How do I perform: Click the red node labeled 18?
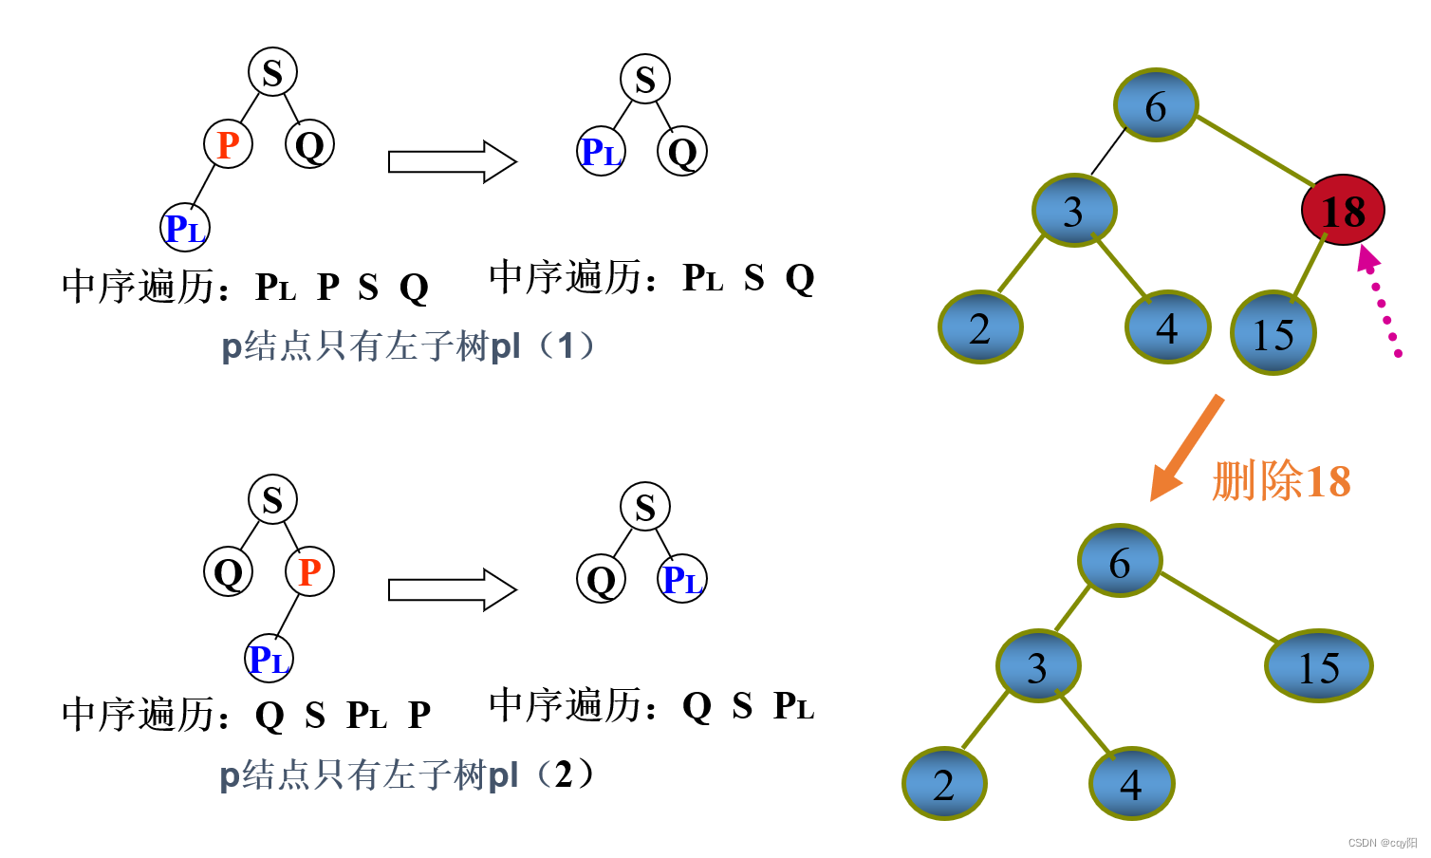[1342, 211]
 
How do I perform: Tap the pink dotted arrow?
[1381, 302]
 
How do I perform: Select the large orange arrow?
[1186, 447]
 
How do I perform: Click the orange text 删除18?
[1281, 481]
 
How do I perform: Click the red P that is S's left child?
[228, 145]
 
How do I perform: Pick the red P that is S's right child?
[310, 572]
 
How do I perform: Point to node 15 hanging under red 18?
[1273, 333]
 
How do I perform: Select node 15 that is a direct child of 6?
[1318, 666]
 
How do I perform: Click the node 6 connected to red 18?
[1155, 106]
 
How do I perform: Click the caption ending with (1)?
[408, 346]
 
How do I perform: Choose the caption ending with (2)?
[407, 775]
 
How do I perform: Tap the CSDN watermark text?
[1382, 843]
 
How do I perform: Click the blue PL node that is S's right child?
[682, 579]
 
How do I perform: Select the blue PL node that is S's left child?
[601, 152]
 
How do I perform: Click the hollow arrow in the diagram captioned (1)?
[452, 161]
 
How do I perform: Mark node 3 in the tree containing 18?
[1073, 211]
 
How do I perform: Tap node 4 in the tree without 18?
[1131, 784]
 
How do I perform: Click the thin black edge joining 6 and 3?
[1108, 151]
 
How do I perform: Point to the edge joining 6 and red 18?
[1253, 149]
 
